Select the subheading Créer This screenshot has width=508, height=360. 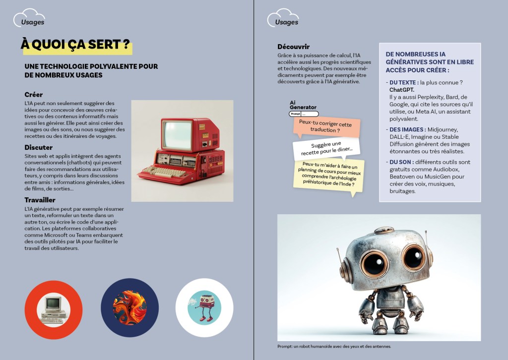[34, 94]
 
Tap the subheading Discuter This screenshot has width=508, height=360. [38, 147]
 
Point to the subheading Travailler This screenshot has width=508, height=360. [40, 200]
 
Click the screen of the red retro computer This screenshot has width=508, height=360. [177, 135]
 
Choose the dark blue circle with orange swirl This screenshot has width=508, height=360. [129, 307]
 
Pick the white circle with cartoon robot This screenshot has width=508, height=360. [204, 307]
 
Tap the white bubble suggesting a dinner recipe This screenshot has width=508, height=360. [326, 148]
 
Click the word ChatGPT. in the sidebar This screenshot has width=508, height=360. [402, 90]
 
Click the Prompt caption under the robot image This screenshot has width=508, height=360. [334, 347]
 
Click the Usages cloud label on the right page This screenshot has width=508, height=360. [286, 22]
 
